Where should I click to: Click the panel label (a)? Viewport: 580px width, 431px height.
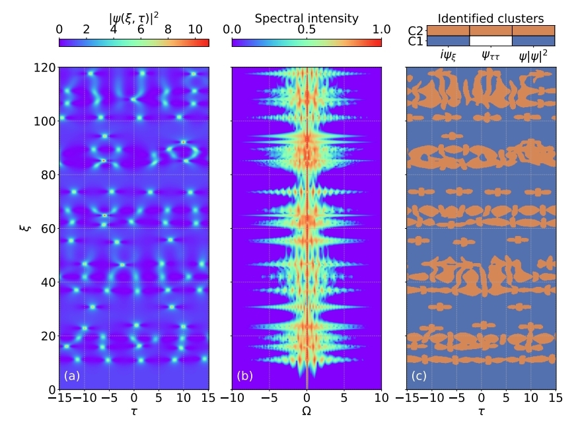click(72, 377)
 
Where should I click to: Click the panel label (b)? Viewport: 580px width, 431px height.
click(245, 377)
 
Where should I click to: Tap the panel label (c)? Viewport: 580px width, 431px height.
click(419, 377)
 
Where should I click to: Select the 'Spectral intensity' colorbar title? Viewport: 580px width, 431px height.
click(307, 19)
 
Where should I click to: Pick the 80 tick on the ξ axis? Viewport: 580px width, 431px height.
click(47, 175)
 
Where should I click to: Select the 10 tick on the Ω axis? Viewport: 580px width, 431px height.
click(381, 399)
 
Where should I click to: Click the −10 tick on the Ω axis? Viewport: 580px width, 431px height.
click(232, 399)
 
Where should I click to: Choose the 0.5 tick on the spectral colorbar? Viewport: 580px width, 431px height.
click(307, 30)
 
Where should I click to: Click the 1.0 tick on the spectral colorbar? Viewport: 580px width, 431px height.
click(381, 30)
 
